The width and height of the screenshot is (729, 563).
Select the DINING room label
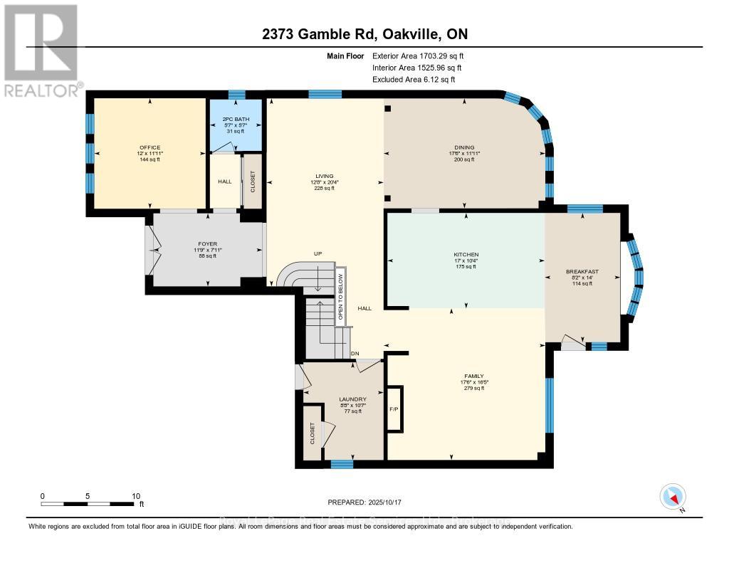464,147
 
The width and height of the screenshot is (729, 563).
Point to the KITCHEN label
466,254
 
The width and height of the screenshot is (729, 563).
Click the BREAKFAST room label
582,271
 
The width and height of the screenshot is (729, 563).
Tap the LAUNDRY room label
353,399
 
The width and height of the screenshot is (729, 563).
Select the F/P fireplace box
394,410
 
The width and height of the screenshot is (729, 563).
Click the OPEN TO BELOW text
340,295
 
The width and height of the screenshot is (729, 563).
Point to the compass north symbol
673,497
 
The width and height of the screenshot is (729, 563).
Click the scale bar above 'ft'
88,504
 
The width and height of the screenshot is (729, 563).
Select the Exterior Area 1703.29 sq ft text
418,56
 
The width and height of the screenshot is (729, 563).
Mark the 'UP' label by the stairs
318,253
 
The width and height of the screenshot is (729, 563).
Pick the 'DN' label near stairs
355,354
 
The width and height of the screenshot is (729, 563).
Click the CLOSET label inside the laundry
312,433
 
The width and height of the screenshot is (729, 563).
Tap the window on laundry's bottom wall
342,464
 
